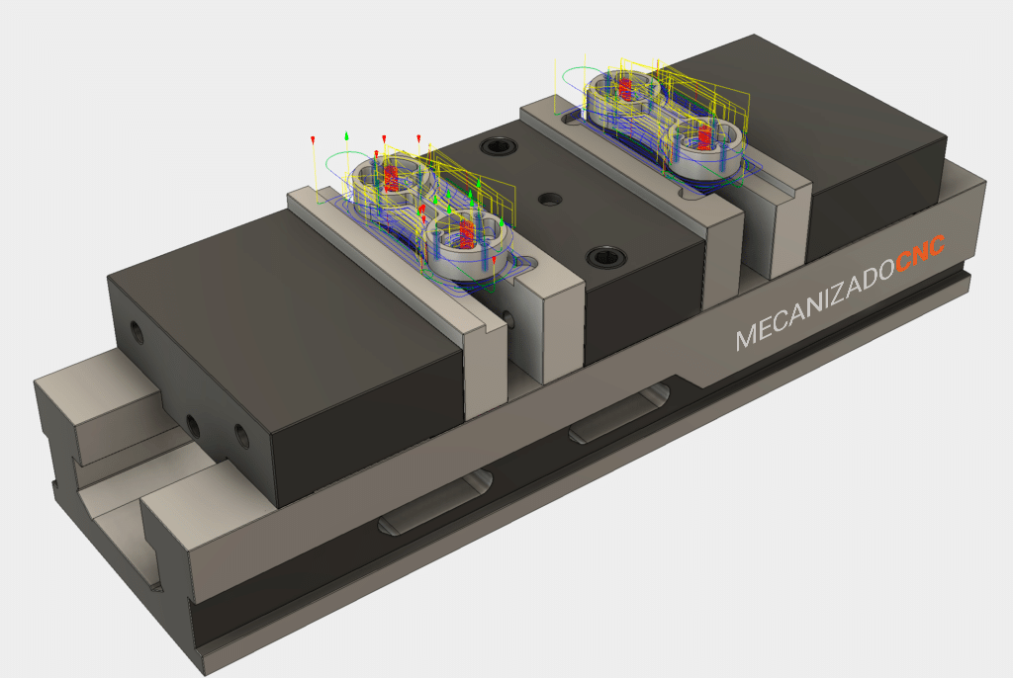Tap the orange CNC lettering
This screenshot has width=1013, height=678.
point(921,254)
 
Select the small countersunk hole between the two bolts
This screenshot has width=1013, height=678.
point(550,200)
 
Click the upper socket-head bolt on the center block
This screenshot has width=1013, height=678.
point(499,146)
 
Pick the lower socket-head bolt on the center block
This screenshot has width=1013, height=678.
point(605,258)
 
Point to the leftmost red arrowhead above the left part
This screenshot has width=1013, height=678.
point(314,140)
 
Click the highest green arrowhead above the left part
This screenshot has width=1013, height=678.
point(347,135)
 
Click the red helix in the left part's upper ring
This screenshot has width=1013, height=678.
point(391,177)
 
